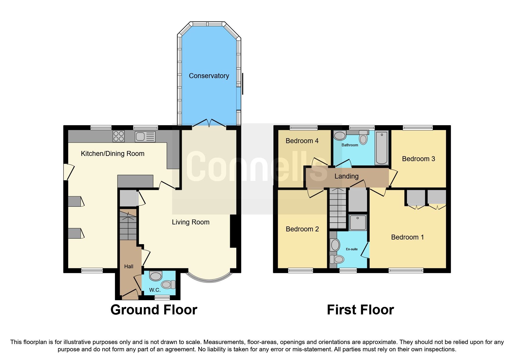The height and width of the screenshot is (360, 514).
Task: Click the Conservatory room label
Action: [209, 76]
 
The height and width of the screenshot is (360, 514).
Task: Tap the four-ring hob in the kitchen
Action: [118, 136]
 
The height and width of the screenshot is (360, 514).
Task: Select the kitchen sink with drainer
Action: [145, 136]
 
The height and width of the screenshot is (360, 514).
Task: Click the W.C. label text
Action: [155, 290]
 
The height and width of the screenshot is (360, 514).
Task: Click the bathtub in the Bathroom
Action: [381, 148]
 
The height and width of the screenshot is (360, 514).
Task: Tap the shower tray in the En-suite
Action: [358, 223]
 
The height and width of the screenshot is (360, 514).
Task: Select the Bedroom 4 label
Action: [302, 141]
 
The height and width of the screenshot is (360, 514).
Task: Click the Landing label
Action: [346, 176]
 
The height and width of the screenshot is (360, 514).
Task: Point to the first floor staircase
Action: [338, 208]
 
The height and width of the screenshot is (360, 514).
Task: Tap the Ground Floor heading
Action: [154, 310]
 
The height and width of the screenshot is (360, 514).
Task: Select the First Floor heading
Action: [360, 310]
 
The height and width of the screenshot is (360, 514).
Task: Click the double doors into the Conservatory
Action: [209, 124]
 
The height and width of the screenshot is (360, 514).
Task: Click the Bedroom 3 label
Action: [418, 159]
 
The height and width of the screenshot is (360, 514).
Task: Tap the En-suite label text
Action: [351, 249]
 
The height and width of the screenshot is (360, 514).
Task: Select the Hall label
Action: [129, 267]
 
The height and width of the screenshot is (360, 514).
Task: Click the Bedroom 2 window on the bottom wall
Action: [300, 271]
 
